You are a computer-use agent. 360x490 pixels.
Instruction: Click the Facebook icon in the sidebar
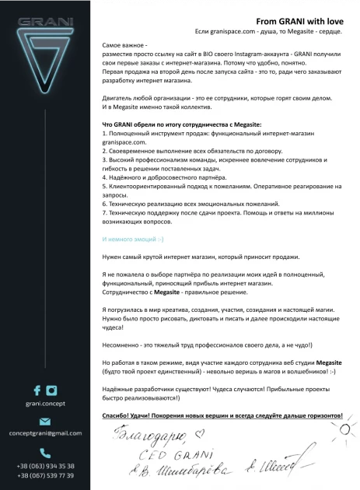coord(37,390)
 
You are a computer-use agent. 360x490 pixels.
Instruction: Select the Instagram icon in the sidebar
coord(51,390)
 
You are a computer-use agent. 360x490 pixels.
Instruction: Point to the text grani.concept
coord(44,404)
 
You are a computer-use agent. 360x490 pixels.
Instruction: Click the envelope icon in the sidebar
coord(44,422)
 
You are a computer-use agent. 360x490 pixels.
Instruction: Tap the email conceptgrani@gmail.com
coord(44,433)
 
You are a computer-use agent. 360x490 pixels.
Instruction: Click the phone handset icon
coord(44,452)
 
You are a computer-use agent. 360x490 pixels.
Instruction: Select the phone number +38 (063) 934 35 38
coord(45,465)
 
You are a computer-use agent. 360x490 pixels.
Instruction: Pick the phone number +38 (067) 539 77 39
coord(45,474)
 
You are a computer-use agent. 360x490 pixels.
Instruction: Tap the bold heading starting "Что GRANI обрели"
coord(182,124)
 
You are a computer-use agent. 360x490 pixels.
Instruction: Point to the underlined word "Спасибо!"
coord(119,417)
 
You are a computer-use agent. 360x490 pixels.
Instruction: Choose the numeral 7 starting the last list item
coord(104,212)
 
